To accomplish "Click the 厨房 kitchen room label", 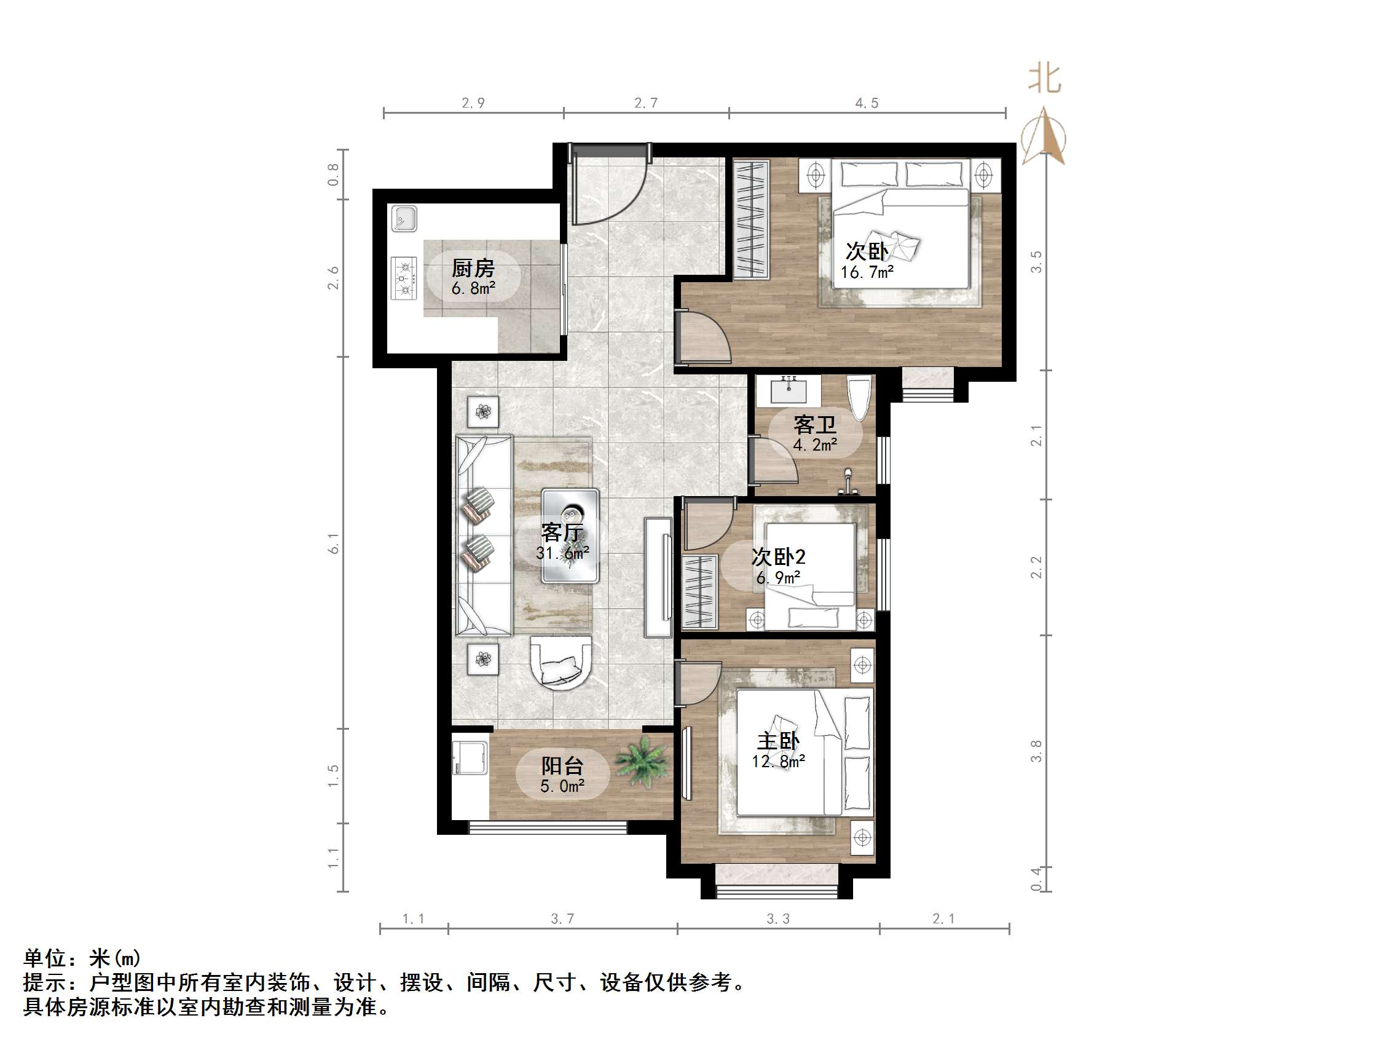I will point(473,268).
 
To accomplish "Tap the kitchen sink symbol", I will point(404,219).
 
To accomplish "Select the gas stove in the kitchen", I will point(404,277).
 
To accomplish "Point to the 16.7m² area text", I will point(867,272).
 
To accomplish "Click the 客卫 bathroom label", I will point(814,425).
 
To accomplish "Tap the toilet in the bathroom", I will point(859,397).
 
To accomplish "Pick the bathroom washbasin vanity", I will point(788,390).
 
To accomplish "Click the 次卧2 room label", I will point(779,556).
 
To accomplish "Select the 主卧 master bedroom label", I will point(778,741).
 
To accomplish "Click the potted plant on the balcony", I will point(641,762).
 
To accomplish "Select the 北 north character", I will point(1044,79).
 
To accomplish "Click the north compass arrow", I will point(1044,137).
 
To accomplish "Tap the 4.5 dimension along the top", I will point(867,103).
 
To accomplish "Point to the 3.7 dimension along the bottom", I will point(562,919).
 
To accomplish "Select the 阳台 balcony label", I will point(562,765).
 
